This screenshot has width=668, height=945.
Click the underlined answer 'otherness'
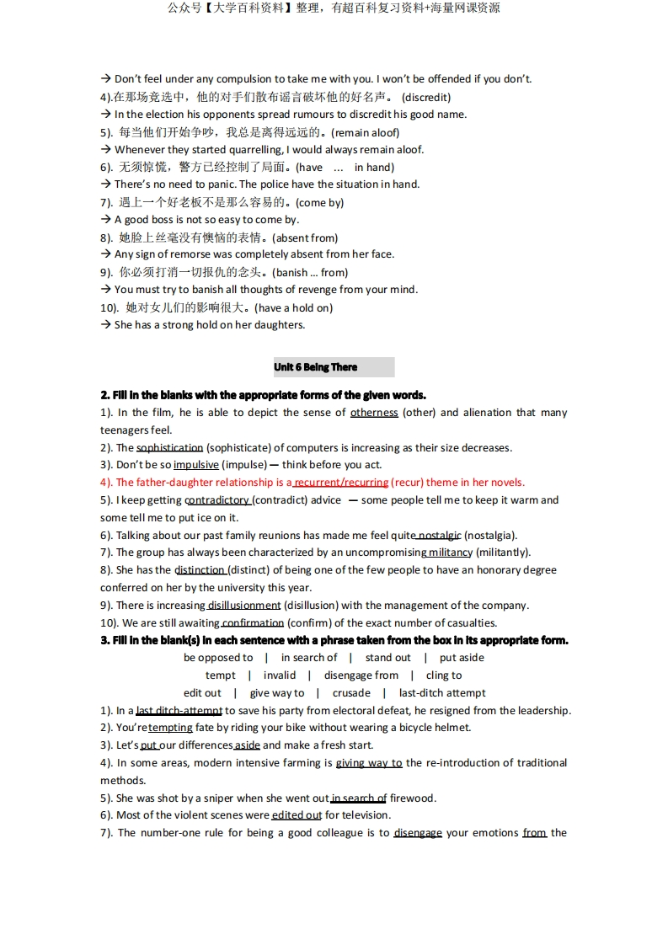click(374, 413)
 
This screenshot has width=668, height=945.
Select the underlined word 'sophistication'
click(169, 448)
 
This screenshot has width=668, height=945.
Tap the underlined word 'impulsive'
click(195, 465)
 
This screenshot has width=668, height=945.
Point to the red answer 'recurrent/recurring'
click(340, 483)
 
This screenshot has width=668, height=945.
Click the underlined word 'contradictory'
click(216, 500)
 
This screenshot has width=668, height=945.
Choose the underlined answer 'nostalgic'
click(439, 536)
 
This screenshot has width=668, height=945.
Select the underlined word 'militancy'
click(450, 553)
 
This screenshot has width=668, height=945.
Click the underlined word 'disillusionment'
click(243, 606)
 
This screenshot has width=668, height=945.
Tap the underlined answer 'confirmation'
click(253, 623)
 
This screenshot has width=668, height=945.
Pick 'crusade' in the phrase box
click(351, 693)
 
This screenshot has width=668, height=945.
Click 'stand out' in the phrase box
click(387, 658)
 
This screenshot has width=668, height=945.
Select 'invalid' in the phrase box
click(280, 675)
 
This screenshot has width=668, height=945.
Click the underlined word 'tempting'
click(170, 728)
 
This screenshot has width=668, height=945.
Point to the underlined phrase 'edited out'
click(297, 815)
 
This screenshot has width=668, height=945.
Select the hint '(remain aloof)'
click(365, 132)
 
